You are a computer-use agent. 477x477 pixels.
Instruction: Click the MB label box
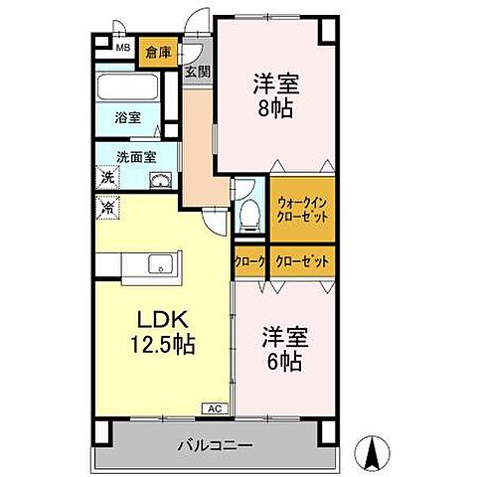click(124, 48)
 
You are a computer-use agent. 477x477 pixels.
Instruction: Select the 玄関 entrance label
click(197, 71)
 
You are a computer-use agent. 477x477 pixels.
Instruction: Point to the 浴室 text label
click(127, 117)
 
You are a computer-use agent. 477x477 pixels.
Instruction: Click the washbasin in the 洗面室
click(158, 180)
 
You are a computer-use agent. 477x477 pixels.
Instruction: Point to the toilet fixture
click(249, 214)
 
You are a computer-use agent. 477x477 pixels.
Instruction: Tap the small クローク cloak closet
click(249, 260)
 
